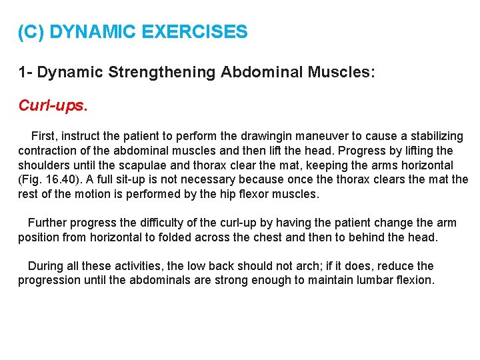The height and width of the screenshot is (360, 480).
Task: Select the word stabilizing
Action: coord(435,136)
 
